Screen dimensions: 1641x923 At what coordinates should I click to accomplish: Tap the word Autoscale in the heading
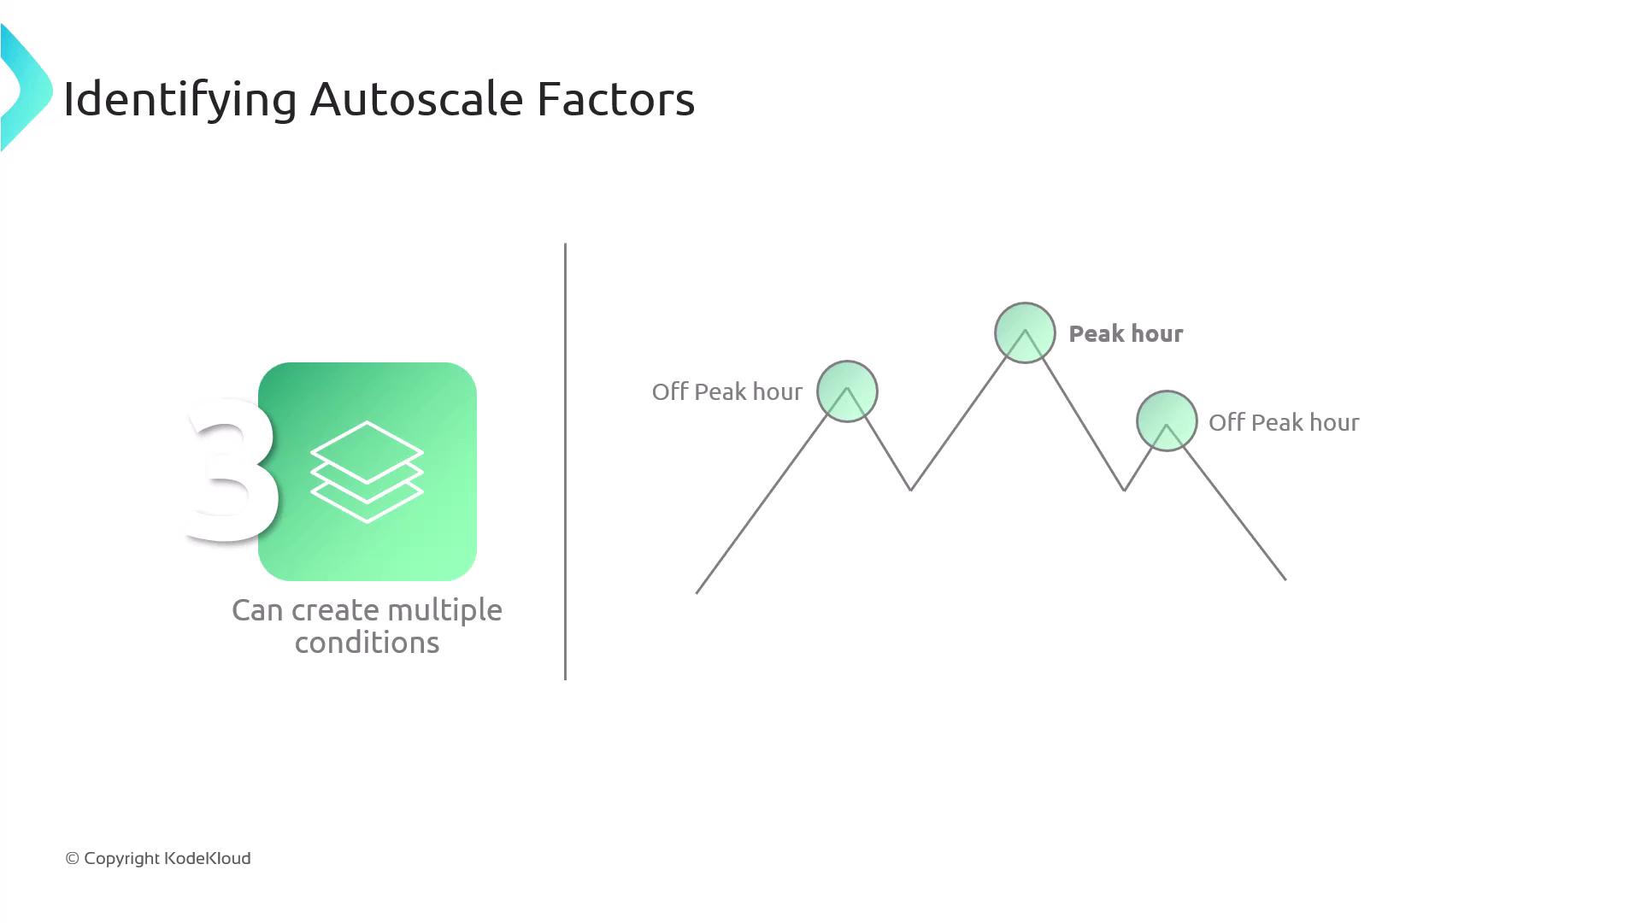pos(416,99)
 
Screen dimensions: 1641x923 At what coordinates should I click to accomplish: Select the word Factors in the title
pos(615,99)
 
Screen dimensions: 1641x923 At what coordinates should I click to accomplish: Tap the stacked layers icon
pos(367,471)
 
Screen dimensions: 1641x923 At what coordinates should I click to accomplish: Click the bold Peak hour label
pos(1126,333)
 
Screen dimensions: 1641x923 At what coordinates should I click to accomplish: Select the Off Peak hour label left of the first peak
pos(726,391)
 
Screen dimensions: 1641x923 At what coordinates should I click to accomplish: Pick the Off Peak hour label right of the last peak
pos(1284,422)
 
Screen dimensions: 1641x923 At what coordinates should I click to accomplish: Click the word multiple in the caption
pos(444,611)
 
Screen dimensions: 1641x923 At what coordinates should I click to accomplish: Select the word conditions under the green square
pos(367,643)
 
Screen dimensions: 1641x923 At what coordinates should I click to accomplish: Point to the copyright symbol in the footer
pos(72,859)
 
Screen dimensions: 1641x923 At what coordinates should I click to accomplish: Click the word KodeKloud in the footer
pos(207,858)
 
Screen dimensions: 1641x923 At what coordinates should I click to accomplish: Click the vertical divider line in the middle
pos(565,461)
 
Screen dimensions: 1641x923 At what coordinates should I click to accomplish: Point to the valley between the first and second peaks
pos(910,490)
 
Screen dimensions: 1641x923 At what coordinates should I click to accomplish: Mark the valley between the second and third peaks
pos(1124,490)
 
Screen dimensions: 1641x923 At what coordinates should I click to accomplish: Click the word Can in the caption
pos(258,610)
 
